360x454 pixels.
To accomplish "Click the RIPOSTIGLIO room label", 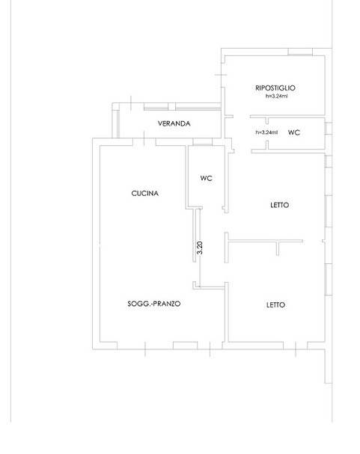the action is pos(275,88).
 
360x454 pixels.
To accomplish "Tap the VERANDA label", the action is pos(174,123).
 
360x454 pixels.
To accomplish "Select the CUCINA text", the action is pos(144,194).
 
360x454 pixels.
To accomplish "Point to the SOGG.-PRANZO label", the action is pos(153,304).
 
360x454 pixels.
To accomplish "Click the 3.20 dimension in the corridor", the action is pos(200,248).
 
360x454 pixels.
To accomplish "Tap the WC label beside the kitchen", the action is pos(207,178).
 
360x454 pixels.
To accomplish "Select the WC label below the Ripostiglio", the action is pos(293,132).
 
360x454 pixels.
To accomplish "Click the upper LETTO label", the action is pos(279,205).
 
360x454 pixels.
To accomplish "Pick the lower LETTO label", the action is pos(275,304).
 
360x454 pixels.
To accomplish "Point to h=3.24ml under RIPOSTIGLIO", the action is pos(277,96).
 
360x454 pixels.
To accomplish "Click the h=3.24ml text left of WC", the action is pos(266,132).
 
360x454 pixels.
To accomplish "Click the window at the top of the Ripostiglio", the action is pos(300,52).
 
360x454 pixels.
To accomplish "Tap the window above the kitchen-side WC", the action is pos(202,142).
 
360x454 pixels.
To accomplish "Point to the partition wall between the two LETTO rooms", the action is pos(265,240).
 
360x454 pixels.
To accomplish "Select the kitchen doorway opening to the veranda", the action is pos(144,142).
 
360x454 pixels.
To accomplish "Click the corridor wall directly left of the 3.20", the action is pos(195,236).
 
